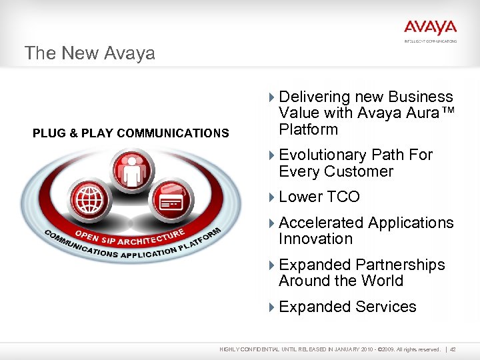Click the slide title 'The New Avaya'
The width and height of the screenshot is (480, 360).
click(x=89, y=53)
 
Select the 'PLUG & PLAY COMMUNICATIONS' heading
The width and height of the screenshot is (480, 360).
click(x=131, y=133)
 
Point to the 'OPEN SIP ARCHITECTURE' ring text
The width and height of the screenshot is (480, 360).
click(x=129, y=236)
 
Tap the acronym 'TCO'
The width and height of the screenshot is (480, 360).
click(x=343, y=197)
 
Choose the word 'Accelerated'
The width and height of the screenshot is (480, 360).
click(x=321, y=223)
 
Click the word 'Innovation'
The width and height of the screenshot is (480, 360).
click(x=315, y=239)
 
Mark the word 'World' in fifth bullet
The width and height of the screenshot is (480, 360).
click(x=381, y=281)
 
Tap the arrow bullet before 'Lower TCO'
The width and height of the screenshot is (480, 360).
click(x=271, y=197)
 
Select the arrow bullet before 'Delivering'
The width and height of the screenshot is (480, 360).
click(x=271, y=97)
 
